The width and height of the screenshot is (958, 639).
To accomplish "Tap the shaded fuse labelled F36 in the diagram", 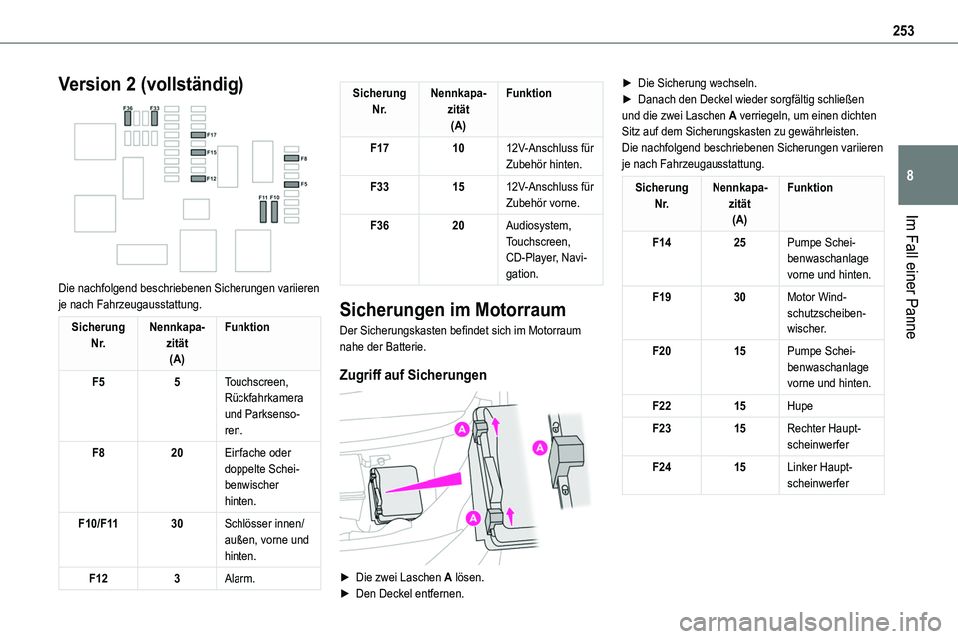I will (x=128, y=117).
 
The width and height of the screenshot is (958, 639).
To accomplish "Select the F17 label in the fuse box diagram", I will (x=212, y=133).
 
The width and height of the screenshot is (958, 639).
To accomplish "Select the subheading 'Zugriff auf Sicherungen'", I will (x=414, y=375).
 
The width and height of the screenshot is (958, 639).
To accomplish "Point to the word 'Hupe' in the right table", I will (x=800, y=407).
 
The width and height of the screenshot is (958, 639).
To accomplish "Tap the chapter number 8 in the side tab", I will (x=939, y=176).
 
